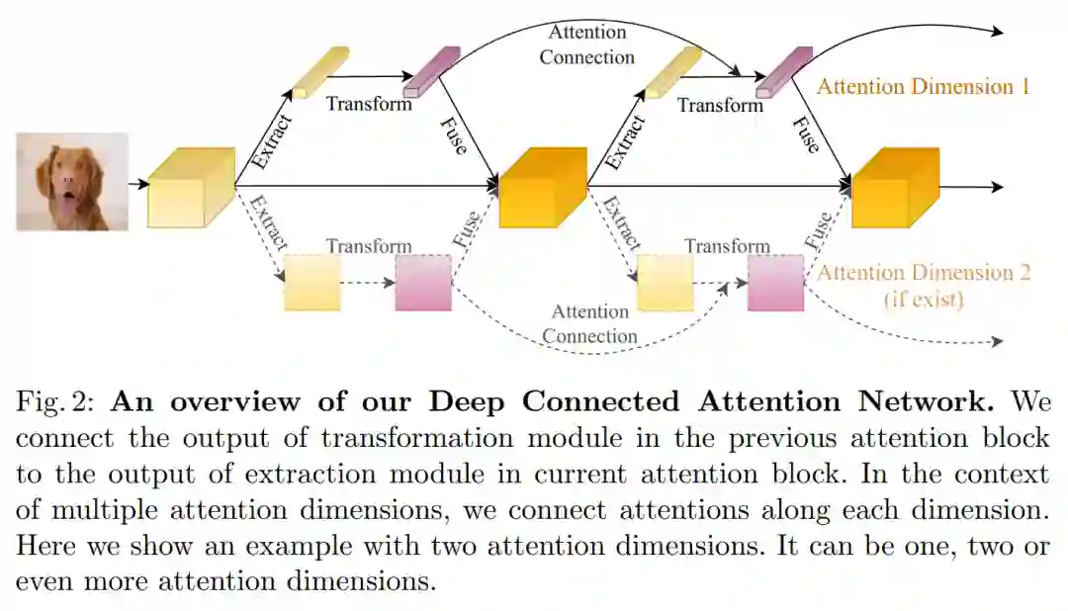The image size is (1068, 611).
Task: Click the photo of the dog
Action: [x=72, y=182]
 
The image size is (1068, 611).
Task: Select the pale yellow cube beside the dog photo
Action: [x=190, y=188]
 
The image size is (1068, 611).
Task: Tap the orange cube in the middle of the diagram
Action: [x=542, y=188]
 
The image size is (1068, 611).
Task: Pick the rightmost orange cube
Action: [x=894, y=188]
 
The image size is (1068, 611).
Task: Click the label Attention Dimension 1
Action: [x=923, y=87]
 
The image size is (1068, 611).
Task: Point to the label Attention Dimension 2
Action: [x=923, y=273]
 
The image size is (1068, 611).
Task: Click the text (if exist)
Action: [x=923, y=298]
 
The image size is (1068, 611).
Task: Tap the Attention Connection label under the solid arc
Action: [x=587, y=44]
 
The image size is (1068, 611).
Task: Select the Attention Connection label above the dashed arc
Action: [x=589, y=324]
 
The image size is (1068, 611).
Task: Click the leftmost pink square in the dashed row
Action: [x=423, y=283]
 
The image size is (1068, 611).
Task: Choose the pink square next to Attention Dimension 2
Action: [x=775, y=283]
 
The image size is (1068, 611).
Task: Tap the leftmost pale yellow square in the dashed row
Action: [x=312, y=283]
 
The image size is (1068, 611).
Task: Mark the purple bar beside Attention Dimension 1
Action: [x=783, y=71]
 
